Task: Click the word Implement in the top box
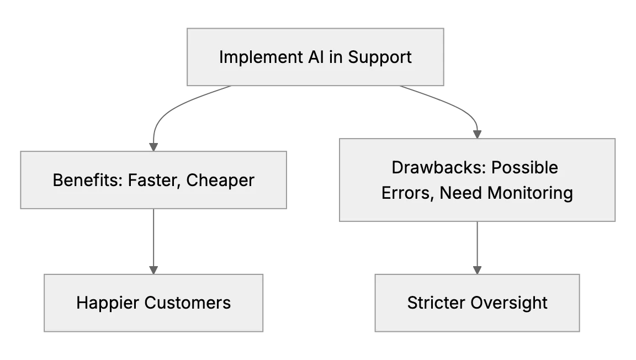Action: (x=261, y=57)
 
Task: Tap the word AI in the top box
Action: (x=316, y=57)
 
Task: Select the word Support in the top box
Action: (x=380, y=57)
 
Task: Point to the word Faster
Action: (x=154, y=181)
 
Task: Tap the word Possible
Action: (x=525, y=167)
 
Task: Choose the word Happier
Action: (x=108, y=303)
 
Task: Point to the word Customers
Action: (x=187, y=303)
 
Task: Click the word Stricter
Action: (x=436, y=303)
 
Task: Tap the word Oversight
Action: (x=509, y=303)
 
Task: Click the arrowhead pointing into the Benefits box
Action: (x=153, y=147)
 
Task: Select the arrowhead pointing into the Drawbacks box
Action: (x=477, y=134)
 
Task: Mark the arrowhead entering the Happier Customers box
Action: (x=153, y=270)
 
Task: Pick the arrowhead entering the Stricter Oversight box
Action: (x=477, y=270)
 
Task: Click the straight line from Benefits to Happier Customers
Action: (x=153, y=237)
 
